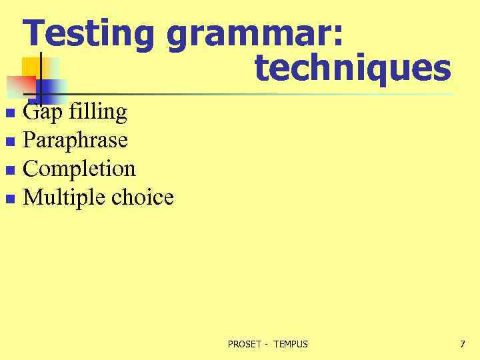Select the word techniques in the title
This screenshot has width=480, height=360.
tap(353, 68)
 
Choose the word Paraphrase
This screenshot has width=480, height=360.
tap(75, 141)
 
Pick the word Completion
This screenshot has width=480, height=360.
tap(79, 169)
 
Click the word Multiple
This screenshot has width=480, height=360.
tap(65, 197)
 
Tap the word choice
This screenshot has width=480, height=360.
tap(143, 197)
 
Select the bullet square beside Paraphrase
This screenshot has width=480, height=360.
tap(9, 141)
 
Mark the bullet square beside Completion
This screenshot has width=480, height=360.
tap(9, 170)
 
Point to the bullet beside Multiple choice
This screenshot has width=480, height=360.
tap(9, 199)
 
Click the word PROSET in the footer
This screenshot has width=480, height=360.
tap(244, 344)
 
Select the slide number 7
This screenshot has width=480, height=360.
tap(463, 344)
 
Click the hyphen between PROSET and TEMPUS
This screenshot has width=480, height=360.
tap(265, 345)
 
